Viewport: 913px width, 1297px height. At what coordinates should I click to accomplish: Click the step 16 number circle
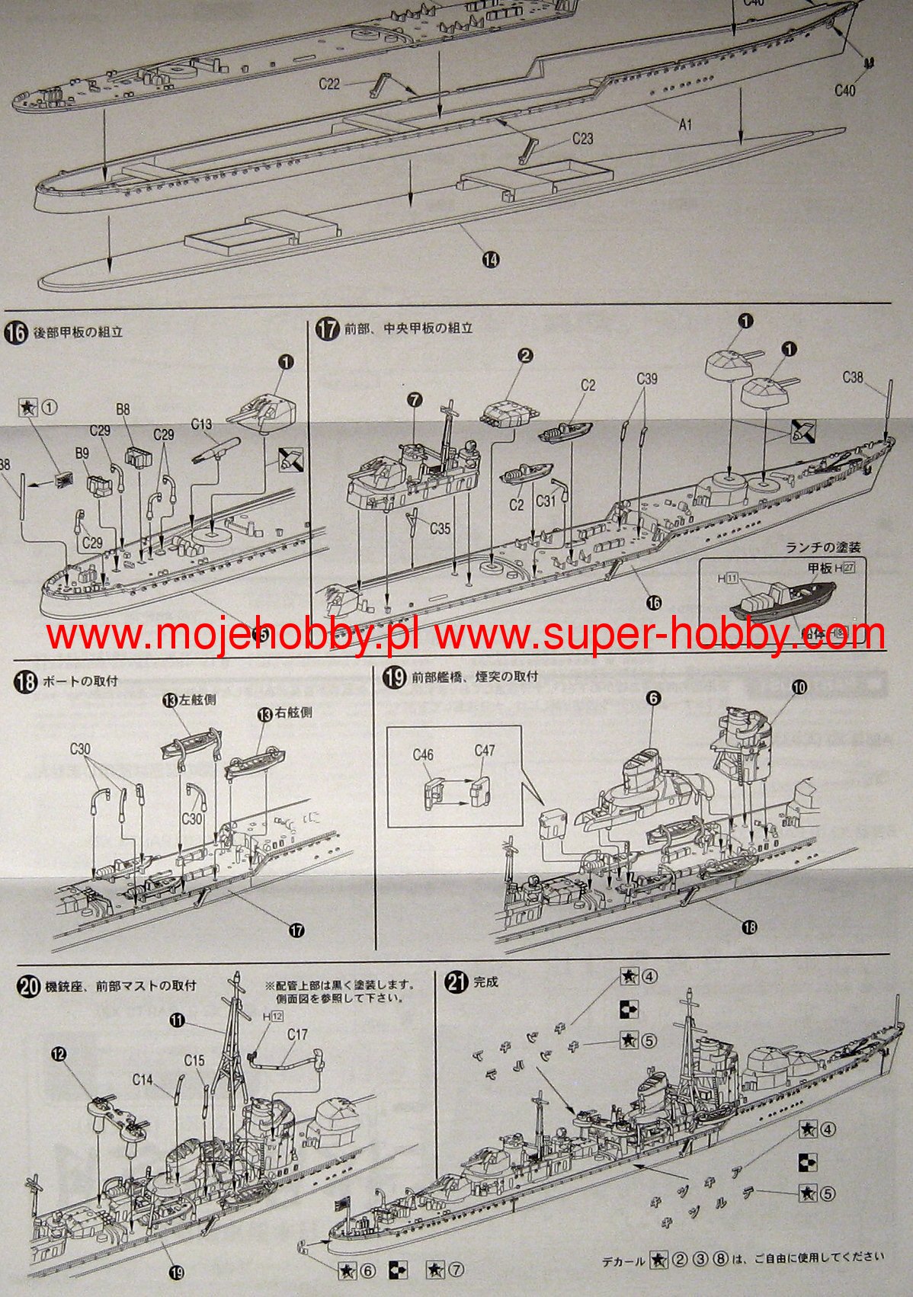tap(17, 333)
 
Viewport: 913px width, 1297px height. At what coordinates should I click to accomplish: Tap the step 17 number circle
tap(327, 330)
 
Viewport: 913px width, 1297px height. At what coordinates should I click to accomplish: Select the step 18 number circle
tap(26, 681)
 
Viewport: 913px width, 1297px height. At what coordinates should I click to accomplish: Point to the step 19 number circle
tap(393, 677)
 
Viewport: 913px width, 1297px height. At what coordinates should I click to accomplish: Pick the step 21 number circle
tap(457, 983)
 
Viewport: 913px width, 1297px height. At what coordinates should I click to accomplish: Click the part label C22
tap(329, 84)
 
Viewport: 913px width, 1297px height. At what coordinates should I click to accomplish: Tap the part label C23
tap(582, 139)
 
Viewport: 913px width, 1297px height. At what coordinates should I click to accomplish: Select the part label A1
tap(685, 124)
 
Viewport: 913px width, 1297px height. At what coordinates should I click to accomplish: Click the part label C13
tap(201, 424)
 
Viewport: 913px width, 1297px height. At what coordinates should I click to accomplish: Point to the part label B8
tap(123, 409)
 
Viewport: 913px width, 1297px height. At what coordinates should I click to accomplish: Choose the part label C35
tap(440, 528)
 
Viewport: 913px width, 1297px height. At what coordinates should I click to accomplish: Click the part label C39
tap(646, 379)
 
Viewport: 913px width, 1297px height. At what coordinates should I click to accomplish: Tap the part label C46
tap(423, 755)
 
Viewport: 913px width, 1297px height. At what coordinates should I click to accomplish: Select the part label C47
tap(485, 751)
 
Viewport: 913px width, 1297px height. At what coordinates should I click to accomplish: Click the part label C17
tap(297, 1034)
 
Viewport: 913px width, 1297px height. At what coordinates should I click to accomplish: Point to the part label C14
tap(143, 1079)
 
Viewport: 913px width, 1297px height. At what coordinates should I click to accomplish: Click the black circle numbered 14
tap(491, 260)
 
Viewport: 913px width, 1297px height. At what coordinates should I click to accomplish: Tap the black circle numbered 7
tap(414, 399)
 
